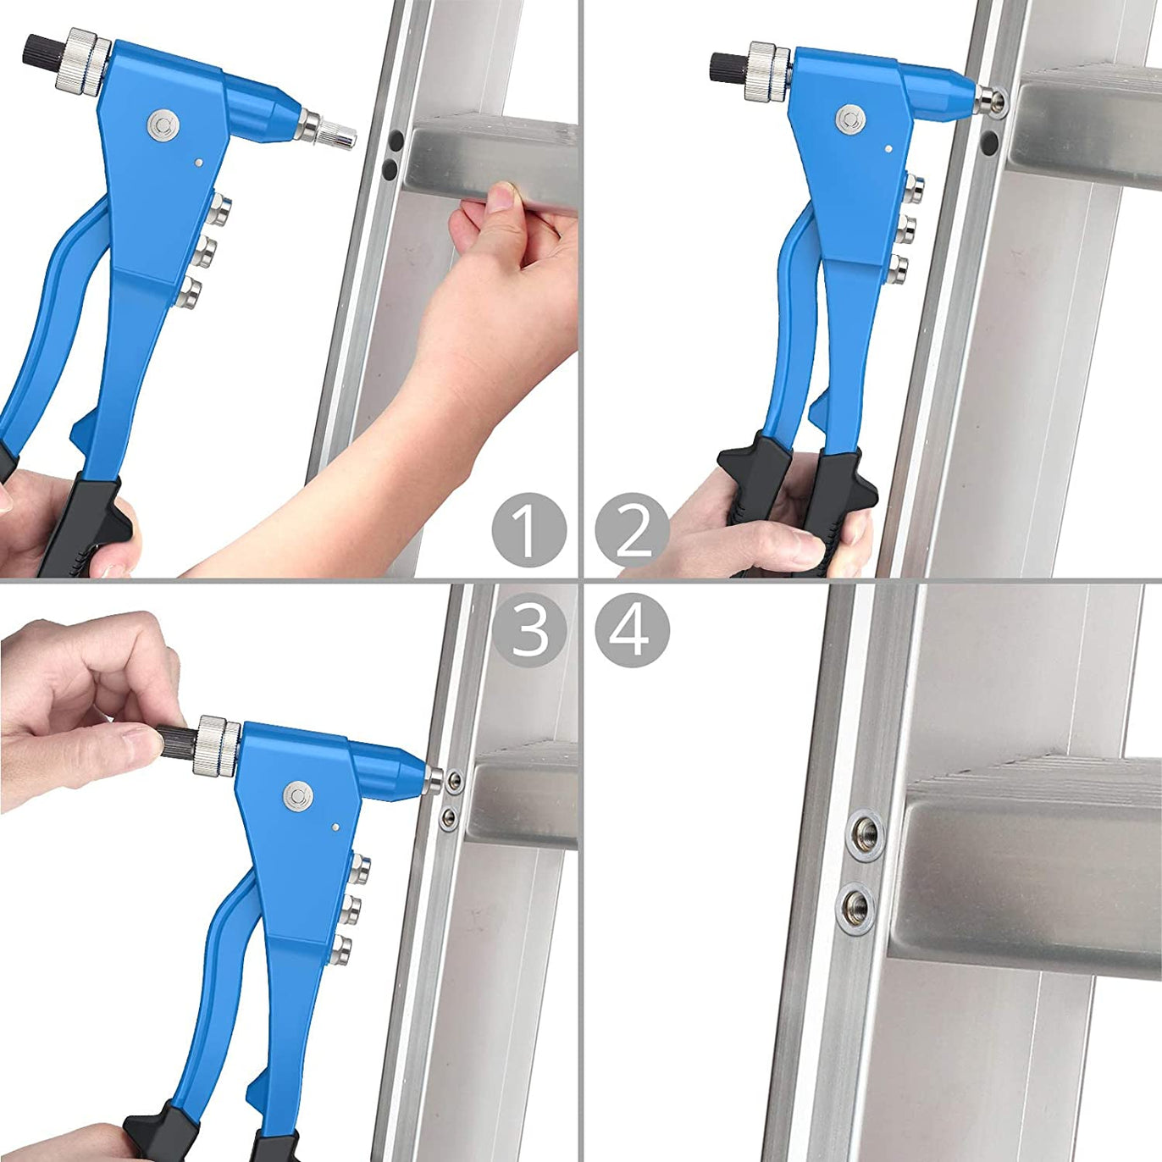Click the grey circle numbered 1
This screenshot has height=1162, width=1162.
[x=528, y=530]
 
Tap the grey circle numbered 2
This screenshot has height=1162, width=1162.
[x=632, y=530]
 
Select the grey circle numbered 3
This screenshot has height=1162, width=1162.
[x=528, y=630]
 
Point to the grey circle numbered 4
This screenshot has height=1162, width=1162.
[x=632, y=630]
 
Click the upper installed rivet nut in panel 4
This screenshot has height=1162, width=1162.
[x=865, y=835]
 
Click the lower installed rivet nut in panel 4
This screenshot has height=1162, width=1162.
[x=856, y=906]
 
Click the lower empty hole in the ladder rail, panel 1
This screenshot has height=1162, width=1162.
[x=390, y=169]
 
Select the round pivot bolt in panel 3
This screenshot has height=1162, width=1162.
[x=298, y=795]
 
